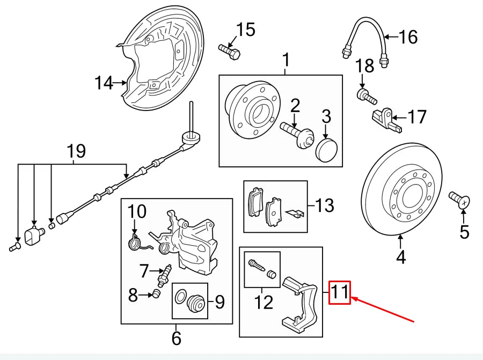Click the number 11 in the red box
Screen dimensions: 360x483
340,292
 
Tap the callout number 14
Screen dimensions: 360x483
105,83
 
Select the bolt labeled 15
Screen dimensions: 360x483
230,52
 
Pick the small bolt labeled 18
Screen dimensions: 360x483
367,97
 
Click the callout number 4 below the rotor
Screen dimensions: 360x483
401,258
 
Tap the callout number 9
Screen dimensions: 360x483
219,303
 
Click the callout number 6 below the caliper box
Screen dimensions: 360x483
176,338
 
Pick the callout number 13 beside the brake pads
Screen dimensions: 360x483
325,205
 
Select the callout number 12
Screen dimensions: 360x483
264,303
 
